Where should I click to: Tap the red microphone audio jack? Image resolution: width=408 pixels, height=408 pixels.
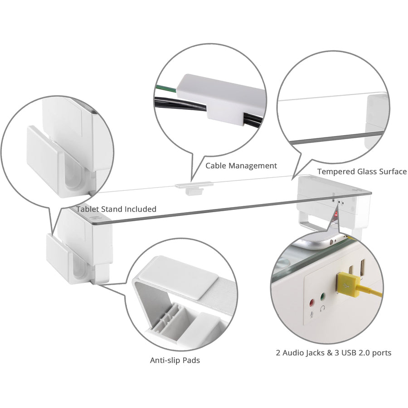[x=311, y=301]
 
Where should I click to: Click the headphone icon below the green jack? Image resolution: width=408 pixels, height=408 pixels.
[x=323, y=309]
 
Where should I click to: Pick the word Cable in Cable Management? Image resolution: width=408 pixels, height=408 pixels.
[x=216, y=166]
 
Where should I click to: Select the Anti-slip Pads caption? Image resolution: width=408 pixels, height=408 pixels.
[x=175, y=360]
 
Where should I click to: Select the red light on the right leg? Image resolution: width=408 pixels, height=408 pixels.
[x=336, y=213]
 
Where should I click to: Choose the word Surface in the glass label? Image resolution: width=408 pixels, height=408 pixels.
[x=392, y=172]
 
